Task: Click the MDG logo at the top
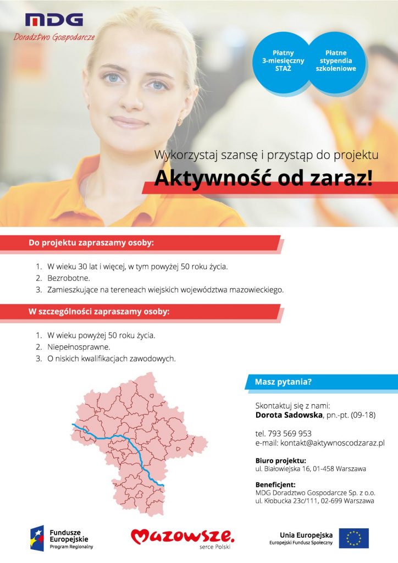(x=54, y=21)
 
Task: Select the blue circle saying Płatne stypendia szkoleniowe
(x=335, y=61)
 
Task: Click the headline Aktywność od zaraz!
(x=263, y=179)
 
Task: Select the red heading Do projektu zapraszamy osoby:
(x=91, y=242)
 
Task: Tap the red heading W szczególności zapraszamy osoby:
(x=98, y=311)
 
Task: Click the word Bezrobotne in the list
(x=68, y=278)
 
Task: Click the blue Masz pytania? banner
(x=283, y=381)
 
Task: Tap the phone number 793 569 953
(x=291, y=433)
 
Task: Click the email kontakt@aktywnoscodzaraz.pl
(x=332, y=443)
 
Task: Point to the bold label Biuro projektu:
(x=280, y=460)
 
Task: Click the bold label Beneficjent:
(x=276, y=485)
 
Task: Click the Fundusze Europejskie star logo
(x=37, y=538)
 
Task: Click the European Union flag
(x=353, y=538)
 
